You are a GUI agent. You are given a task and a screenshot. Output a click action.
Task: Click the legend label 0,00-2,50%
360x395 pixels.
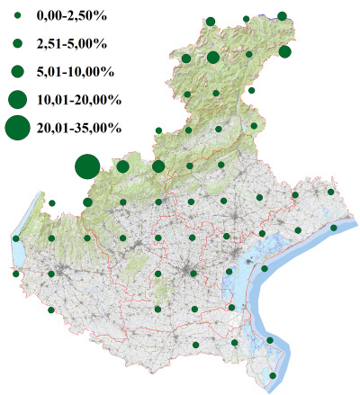point(69,16)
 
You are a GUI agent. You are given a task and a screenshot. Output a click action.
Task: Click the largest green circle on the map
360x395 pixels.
point(86,166)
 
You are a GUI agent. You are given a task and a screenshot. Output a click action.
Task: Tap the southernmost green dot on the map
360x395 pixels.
point(274,375)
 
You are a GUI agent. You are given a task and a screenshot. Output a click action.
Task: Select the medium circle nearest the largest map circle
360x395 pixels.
point(123,166)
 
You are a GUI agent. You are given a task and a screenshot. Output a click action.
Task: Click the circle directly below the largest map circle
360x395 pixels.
point(87,202)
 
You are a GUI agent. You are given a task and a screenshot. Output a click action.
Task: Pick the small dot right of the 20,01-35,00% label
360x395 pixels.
point(158,130)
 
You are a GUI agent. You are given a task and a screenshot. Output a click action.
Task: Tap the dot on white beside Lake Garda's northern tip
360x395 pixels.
point(51,202)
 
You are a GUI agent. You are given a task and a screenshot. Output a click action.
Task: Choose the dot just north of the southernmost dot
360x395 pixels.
point(270,340)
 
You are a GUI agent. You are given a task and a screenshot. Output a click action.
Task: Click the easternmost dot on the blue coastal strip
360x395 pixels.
point(334,228)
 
